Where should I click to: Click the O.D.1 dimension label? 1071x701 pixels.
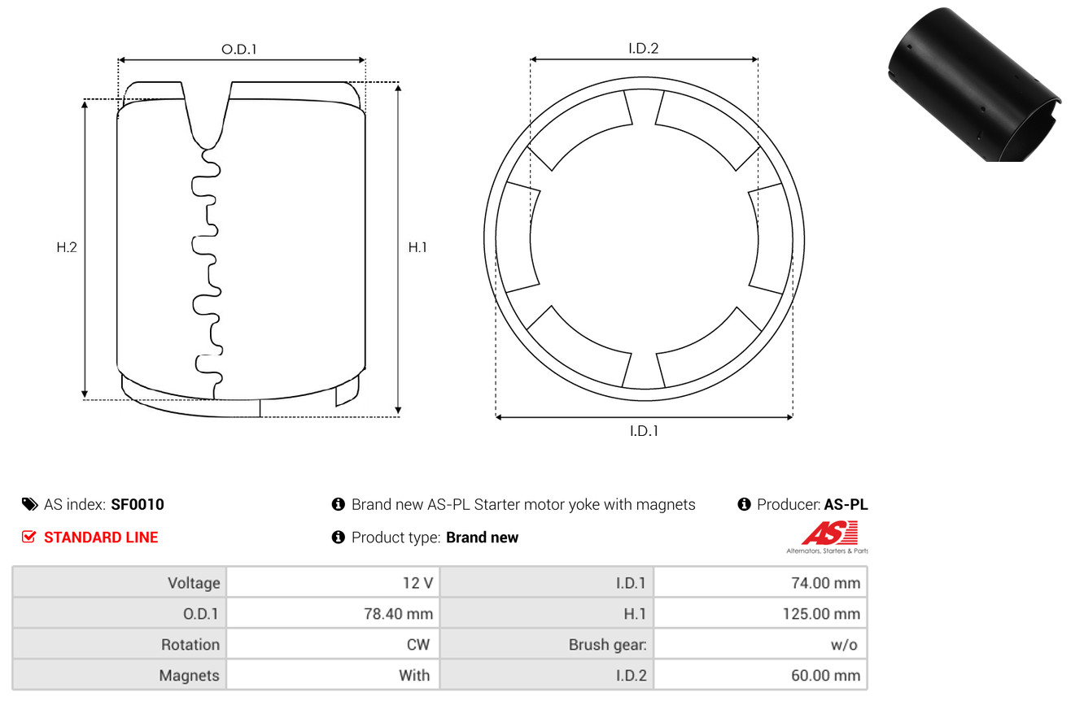coord(239,50)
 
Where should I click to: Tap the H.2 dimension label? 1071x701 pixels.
coord(67,247)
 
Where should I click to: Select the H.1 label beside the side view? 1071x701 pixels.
coord(417,247)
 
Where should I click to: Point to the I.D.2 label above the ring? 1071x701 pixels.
coord(643,48)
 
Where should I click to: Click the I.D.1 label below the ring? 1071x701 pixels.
coord(643,431)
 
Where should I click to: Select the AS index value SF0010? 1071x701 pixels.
coord(138,504)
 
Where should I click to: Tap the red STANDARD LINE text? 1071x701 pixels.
coord(101,538)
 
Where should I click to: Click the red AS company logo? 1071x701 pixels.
coord(829,534)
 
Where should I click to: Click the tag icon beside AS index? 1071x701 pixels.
coord(29,504)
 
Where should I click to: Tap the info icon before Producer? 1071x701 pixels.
coord(744,504)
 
